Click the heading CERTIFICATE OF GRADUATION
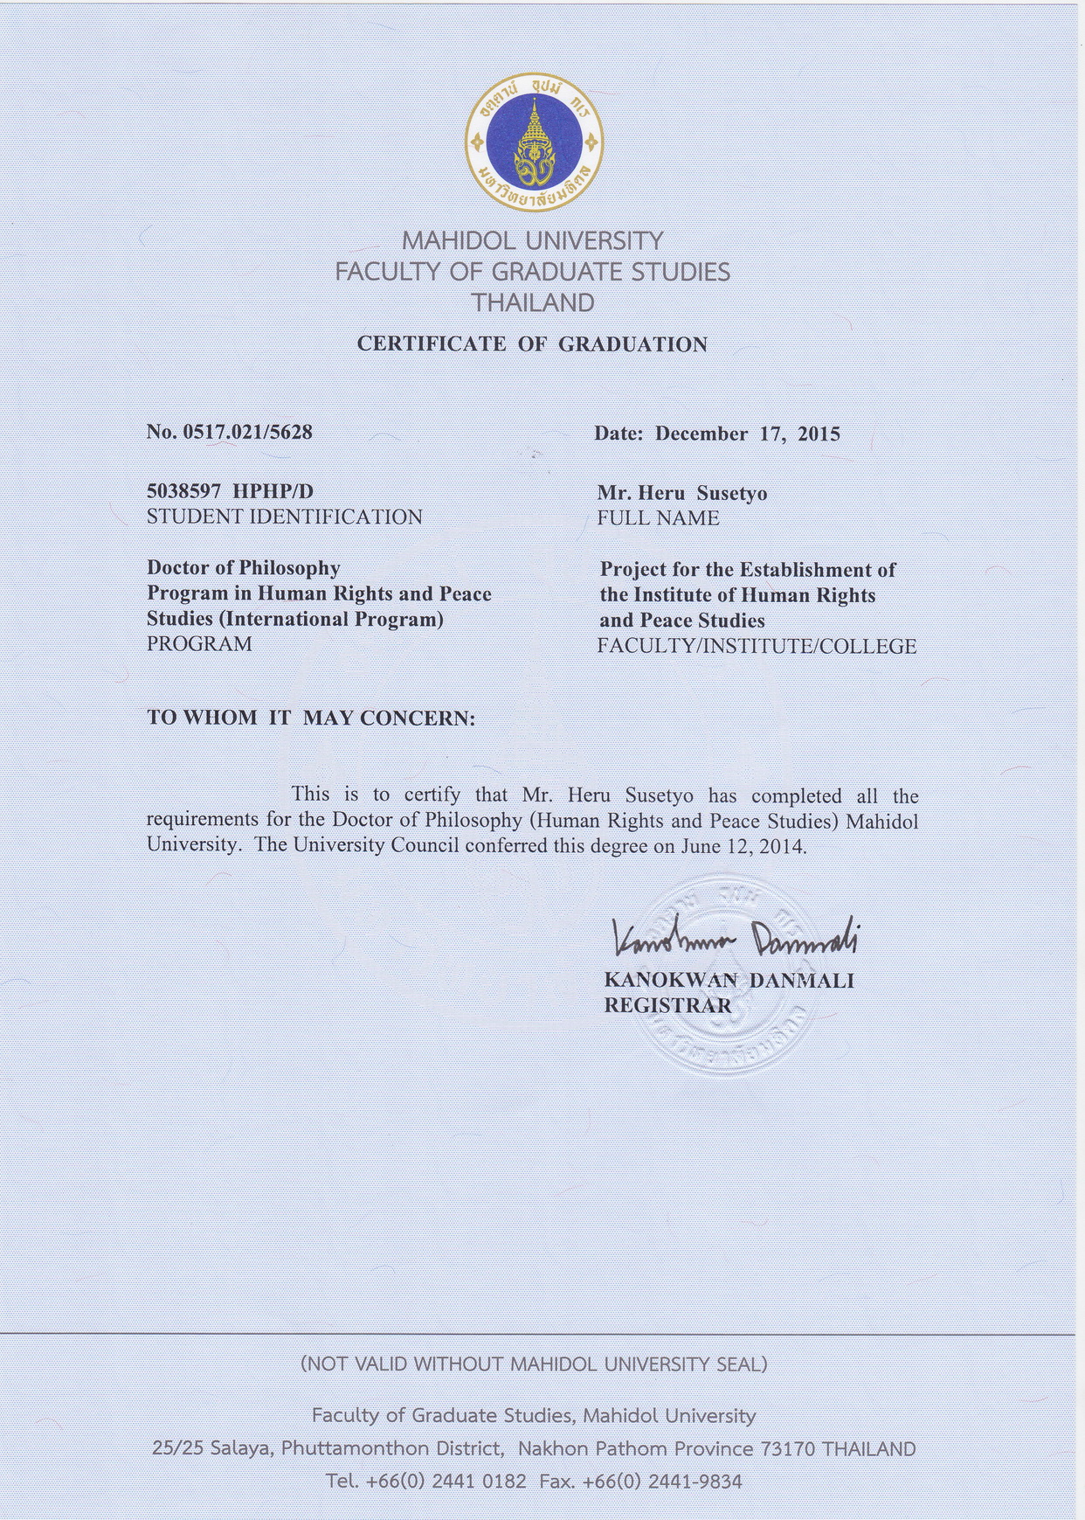coord(532,344)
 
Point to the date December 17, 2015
coord(747,434)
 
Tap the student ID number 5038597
coord(184,491)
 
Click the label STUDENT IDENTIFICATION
coord(284,517)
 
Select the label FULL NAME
coord(658,518)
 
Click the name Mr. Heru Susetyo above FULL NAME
coord(681,493)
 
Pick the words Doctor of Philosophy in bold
coord(243,568)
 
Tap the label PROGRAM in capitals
coord(199,644)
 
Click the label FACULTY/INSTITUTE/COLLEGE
coord(757,647)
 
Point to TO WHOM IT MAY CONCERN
coord(311,718)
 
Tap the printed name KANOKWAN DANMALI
coord(729,980)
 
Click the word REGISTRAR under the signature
coord(667,1005)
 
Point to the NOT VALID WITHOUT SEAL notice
coord(533,1364)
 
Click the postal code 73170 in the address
coord(788,1448)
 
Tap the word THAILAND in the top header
coord(533,303)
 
